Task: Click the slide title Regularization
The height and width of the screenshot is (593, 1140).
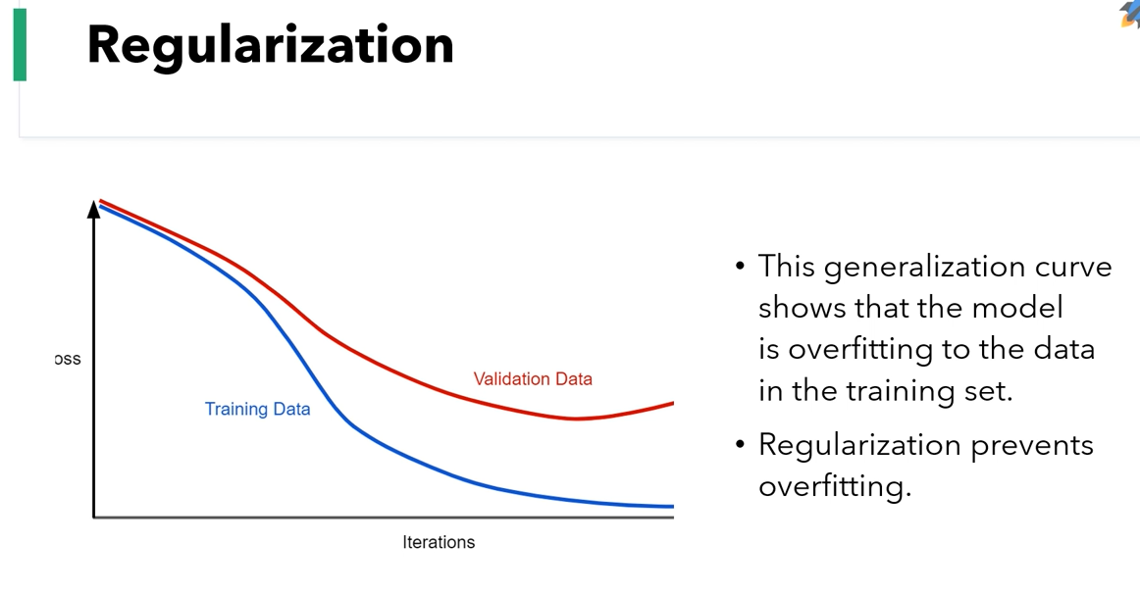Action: click(270, 45)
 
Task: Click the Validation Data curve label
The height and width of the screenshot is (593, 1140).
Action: click(533, 378)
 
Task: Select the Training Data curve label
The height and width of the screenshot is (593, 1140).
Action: click(257, 409)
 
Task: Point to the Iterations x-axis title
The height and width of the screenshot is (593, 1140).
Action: click(438, 542)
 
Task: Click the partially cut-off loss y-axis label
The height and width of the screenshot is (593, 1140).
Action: click(68, 360)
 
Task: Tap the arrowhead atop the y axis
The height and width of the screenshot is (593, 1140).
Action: click(94, 208)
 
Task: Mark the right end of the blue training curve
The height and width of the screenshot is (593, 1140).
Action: click(672, 507)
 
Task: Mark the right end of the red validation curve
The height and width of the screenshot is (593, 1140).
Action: click(672, 403)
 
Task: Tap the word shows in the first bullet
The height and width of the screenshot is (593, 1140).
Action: click(803, 308)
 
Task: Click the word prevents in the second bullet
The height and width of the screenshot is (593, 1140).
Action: click(1032, 445)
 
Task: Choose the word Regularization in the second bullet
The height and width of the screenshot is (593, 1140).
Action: click(859, 446)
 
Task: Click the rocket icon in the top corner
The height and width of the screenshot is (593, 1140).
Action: click(1130, 13)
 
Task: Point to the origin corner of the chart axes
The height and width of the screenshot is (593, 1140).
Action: click(94, 516)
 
